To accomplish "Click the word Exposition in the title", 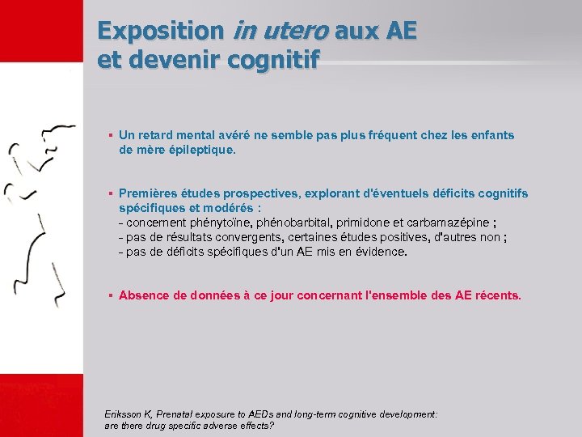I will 160,32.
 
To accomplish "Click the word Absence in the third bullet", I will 143,295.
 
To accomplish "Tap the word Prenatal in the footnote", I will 179,414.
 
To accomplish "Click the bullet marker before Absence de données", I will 110,295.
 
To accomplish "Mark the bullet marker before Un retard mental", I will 110,135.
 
